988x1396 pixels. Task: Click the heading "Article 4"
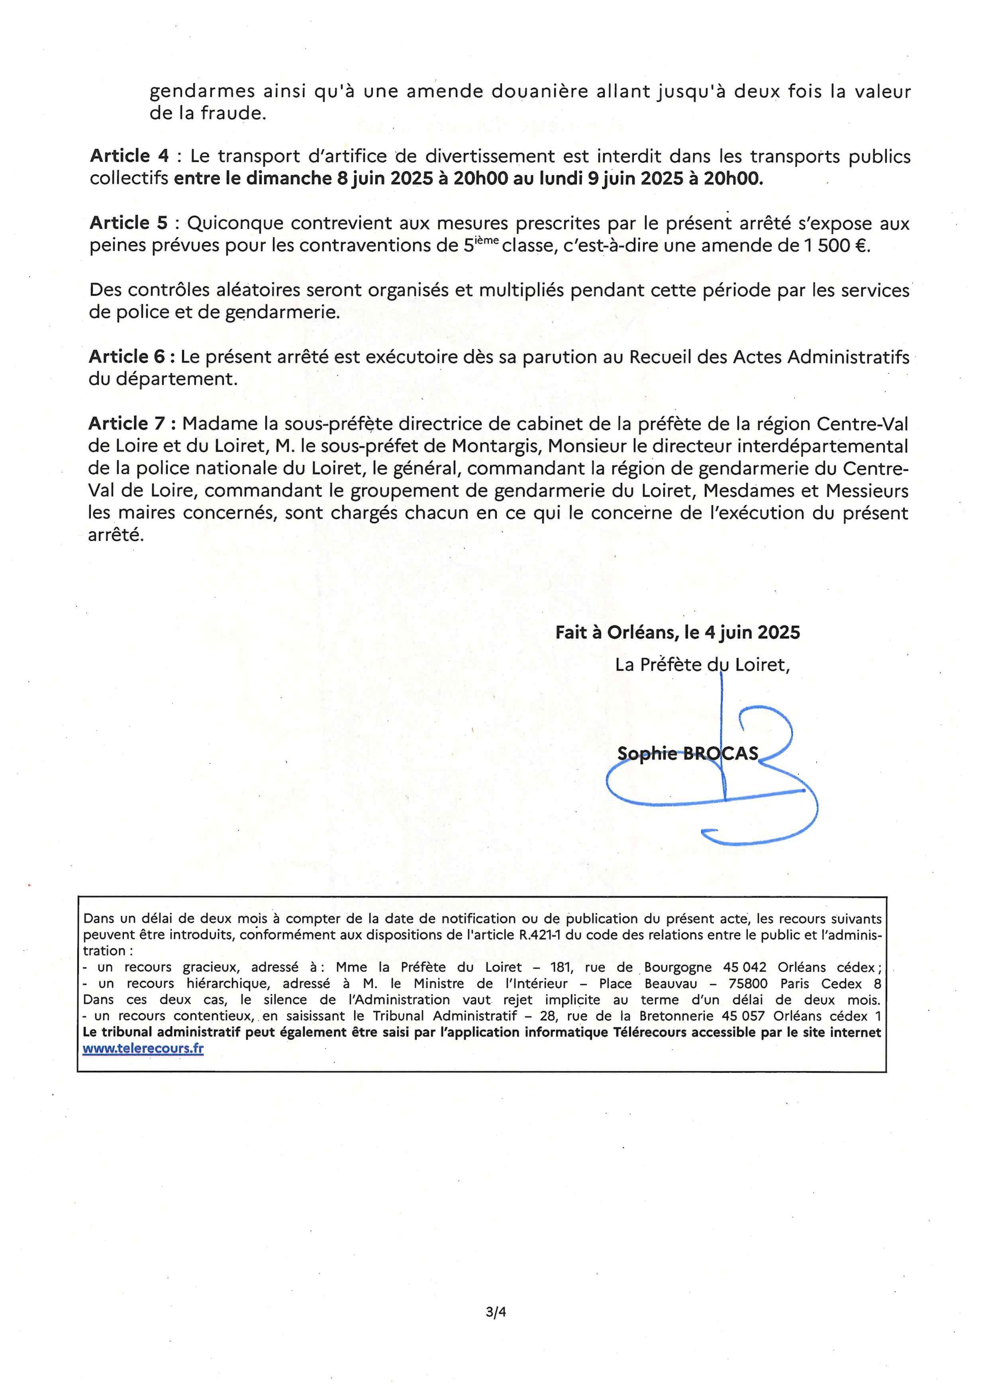coord(129,156)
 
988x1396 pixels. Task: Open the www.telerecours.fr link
coord(143,1049)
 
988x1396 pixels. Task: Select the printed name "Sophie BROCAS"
coord(688,754)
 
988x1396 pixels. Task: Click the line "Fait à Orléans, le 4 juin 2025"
coord(677,633)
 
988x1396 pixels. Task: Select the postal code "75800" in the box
coord(748,984)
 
